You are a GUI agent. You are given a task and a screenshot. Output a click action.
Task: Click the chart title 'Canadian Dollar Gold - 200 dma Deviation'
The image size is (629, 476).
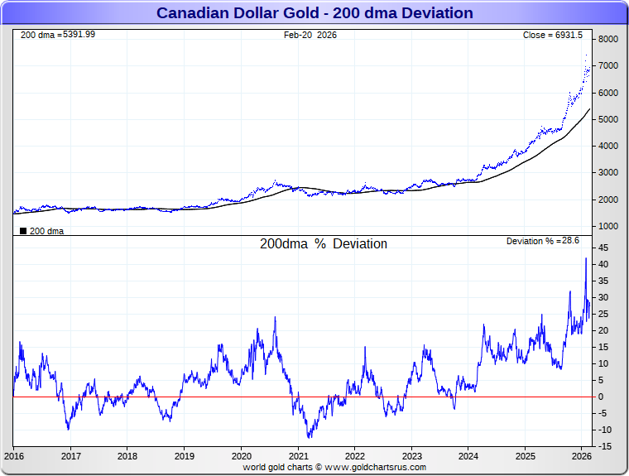314,13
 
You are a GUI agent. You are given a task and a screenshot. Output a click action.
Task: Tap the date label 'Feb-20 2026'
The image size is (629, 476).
310,35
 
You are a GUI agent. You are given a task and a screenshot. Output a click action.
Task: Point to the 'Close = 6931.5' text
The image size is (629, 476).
553,35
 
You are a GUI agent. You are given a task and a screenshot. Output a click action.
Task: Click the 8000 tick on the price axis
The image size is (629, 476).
609,40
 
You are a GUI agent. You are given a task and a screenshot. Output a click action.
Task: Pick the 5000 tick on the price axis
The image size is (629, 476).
609,119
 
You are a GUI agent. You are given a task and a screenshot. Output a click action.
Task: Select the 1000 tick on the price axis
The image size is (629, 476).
609,226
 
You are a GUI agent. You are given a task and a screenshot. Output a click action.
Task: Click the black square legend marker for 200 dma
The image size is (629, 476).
23,231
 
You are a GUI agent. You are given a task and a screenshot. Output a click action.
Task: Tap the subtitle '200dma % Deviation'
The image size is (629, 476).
324,244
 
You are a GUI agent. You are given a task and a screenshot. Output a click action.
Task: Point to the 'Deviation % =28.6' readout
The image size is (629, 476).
543,241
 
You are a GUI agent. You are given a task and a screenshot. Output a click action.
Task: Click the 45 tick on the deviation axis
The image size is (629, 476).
604,248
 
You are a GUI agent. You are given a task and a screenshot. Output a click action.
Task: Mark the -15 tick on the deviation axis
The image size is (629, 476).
605,446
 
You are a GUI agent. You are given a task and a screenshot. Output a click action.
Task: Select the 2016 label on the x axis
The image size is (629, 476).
14,456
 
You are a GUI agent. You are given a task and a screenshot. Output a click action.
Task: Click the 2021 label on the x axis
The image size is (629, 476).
298,456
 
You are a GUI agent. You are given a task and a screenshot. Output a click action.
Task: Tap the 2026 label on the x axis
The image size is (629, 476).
581,456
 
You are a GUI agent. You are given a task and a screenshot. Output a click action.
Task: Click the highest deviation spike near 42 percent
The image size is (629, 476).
586,258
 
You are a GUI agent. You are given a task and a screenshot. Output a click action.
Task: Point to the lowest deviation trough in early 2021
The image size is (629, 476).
309,437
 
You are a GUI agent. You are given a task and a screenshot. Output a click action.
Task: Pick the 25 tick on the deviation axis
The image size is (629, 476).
604,314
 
